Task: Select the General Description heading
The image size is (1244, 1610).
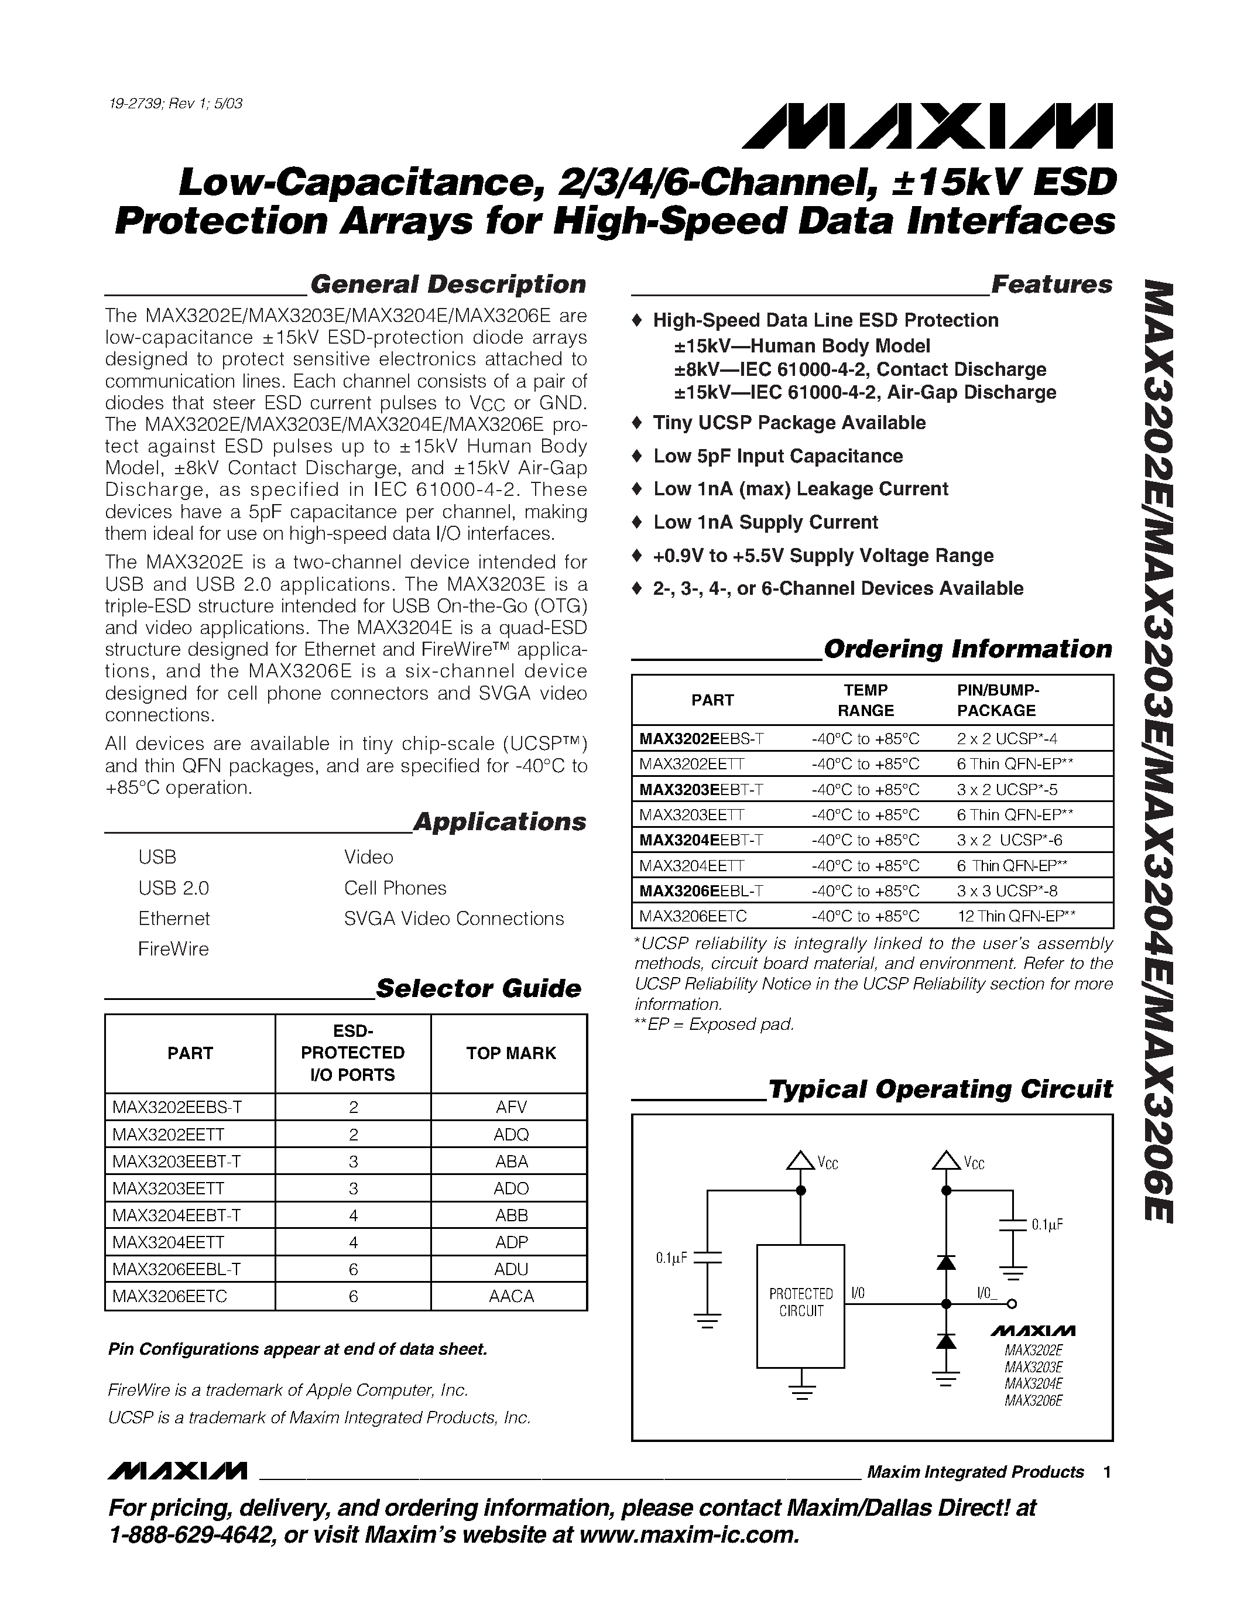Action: click(447, 285)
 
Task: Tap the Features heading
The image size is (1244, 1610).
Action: click(1051, 285)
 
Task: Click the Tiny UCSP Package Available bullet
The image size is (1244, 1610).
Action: click(789, 423)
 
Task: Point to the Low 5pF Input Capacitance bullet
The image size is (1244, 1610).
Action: click(777, 456)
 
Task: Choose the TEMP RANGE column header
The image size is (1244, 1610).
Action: click(865, 700)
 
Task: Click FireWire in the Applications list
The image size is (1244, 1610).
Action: click(173, 950)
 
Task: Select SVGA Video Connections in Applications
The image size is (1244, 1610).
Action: click(453, 919)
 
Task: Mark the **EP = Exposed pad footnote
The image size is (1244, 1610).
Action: click(715, 1025)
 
